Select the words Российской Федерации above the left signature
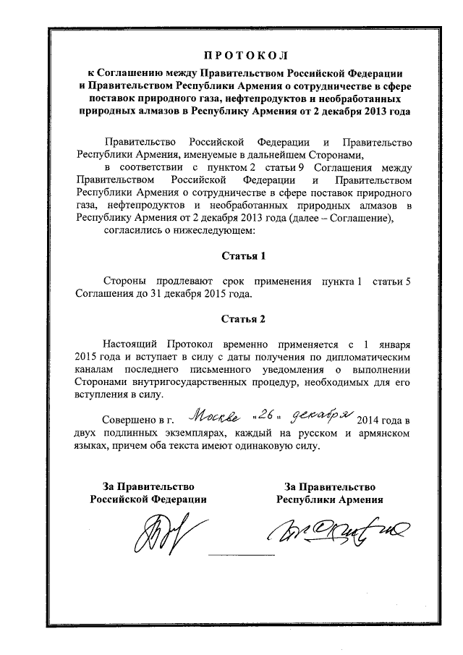click(x=148, y=499)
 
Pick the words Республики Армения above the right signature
click(x=329, y=499)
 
